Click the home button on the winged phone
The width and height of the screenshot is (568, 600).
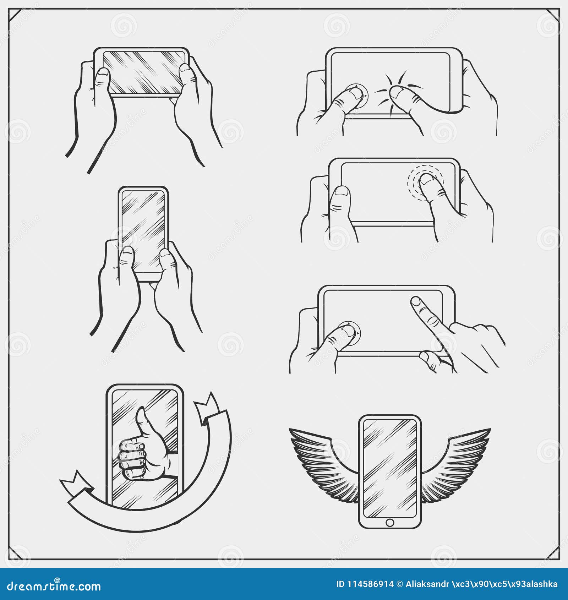pos(389,523)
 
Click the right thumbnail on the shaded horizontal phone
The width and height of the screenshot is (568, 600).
pos(185,69)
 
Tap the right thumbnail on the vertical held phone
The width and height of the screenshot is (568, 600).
pos(164,253)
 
